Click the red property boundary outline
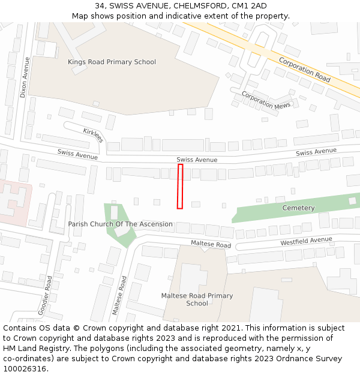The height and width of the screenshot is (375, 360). (180, 187)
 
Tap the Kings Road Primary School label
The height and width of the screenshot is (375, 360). (112, 62)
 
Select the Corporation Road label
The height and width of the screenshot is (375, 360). (304, 70)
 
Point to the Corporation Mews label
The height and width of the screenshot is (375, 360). (266, 100)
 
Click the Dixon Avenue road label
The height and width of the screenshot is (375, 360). (24, 77)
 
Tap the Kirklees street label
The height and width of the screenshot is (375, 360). (93, 135)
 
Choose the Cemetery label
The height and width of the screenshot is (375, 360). (298, 208)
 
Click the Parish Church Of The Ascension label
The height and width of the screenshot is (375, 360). (120, 224)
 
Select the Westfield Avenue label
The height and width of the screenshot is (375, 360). (306, 241)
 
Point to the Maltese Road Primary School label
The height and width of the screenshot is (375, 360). (197, 299)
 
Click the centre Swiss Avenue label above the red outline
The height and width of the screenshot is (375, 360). (197, 160)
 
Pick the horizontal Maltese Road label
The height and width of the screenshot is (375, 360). (211, 245)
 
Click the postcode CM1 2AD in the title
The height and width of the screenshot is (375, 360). (250, 6)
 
